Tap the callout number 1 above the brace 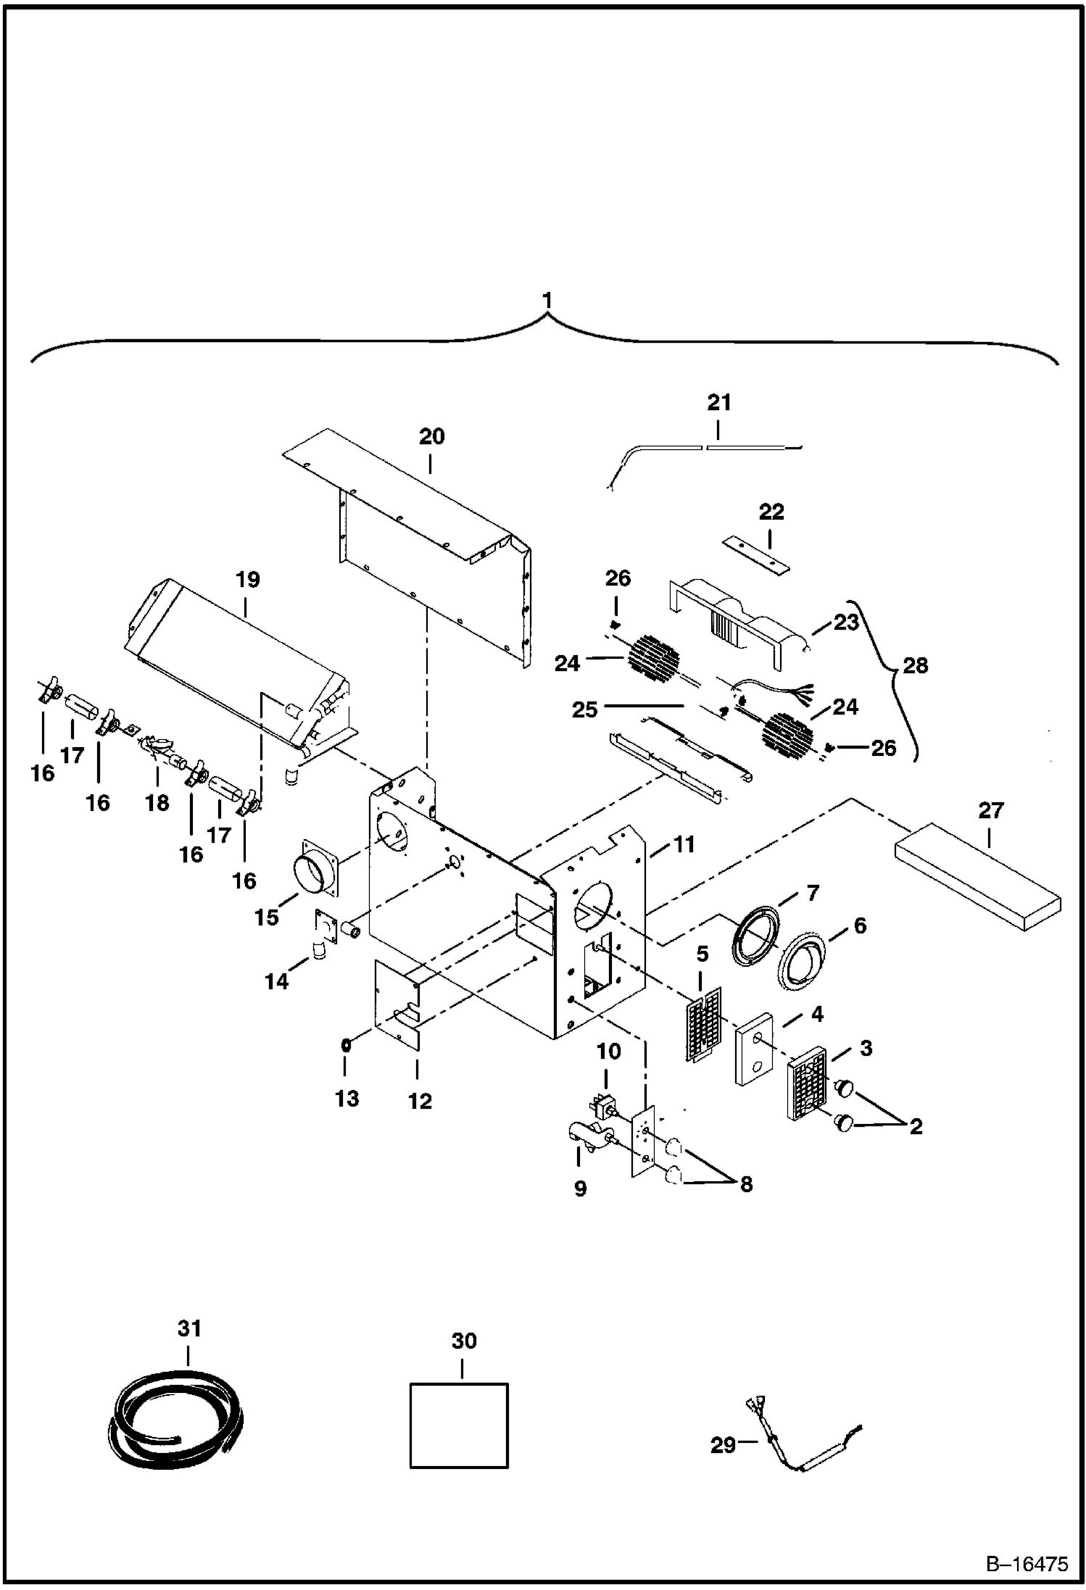[548, 299]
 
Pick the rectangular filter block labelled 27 [977, 875]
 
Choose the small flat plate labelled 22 [756, 554]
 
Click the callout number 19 [246, 580]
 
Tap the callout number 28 [916, 665]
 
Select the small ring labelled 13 [347, 1045]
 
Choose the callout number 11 [684, 844]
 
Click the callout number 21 [718, 402]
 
